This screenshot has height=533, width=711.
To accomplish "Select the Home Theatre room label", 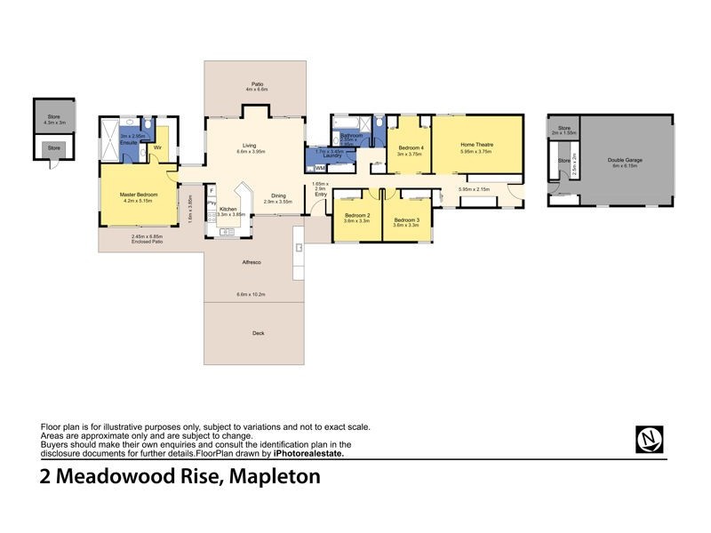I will (x=476, y=144).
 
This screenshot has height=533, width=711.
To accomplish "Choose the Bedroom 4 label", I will (x=411, y=147).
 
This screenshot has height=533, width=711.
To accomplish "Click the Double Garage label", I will (x=625, y=161).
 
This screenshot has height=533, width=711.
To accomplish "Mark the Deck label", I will (x=258, y=333).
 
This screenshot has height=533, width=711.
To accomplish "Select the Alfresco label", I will (x=251, y=263).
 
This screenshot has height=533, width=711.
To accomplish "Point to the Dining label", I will (x=278, y=195).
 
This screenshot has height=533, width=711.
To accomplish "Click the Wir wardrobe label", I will (x=157, y=147).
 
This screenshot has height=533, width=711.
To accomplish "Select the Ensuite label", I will (x=130, y=142).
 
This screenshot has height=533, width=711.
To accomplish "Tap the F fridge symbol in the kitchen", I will (x=212, y=191).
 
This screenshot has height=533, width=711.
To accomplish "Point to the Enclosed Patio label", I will (x=148, y=242).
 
